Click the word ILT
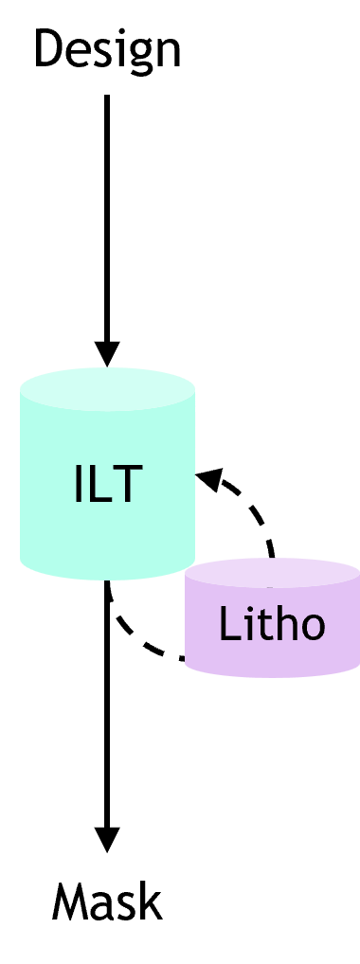pos(108,484)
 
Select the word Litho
pos(272,625)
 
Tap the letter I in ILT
pos(79,484)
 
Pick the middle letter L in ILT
pos(99,484)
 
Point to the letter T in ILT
pos(127,484)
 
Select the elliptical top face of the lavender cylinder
pos(272,573)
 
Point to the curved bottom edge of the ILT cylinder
pos(108,578)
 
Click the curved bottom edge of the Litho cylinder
pos(272,675)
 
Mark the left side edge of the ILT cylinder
pos(22,473)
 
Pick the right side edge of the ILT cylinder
pos(194,473)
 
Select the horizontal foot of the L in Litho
pos(230,640)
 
